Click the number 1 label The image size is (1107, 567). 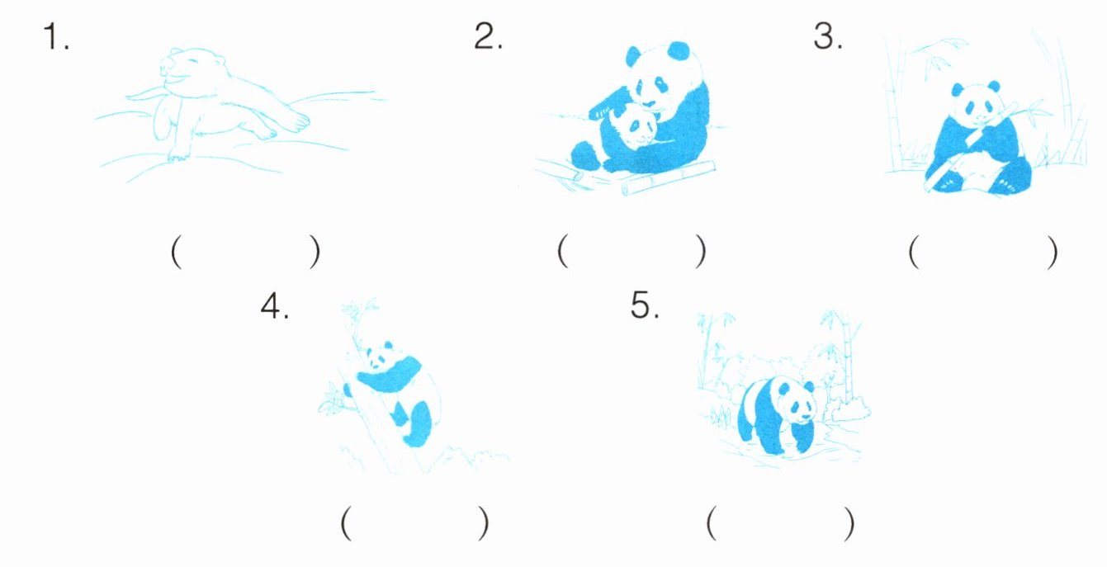point(55,36)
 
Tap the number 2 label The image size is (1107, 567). point(488,36)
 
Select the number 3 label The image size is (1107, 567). point(828,36)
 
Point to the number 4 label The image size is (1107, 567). point(274,306)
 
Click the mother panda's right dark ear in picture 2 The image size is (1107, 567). point(679,51)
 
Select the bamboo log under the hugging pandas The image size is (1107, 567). point(668,177)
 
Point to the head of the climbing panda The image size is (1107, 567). point(380,357)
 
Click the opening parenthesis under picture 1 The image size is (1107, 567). point(177,252)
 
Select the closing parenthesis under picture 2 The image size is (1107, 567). point(700,251)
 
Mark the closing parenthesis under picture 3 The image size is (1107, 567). point(1052,252)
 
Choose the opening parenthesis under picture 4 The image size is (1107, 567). point(346,522)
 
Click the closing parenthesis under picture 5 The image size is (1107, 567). point(848,523)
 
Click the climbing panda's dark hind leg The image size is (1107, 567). point(419,425)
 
